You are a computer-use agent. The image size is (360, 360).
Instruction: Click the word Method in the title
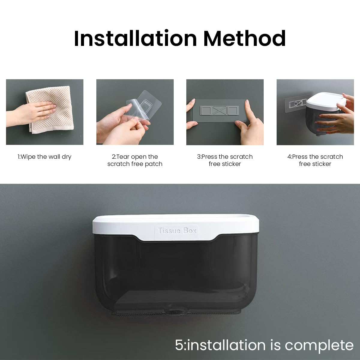pyautogui.click(x=244, y=38)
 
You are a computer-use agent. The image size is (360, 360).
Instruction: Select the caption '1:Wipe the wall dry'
pyautogui.click(x=44, y=157)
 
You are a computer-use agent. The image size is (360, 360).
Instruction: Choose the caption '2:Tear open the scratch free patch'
pyautogui.click(x=135, y=160)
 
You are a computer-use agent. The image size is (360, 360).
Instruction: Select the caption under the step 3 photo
pyautogui.click(x=225, y=160)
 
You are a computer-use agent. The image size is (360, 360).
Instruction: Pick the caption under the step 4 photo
pyautogui.click(x=315, y=160)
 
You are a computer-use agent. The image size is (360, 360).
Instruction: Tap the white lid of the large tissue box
pyautogui.click(x=177, y=222)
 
